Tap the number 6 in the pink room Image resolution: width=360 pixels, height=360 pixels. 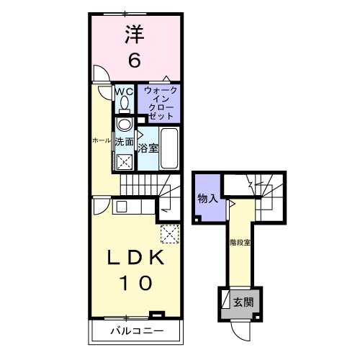point(134,60)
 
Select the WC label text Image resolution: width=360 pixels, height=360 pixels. point(124,91)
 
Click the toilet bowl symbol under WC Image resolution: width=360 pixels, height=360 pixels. point(125,104)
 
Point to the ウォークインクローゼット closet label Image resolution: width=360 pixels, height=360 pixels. point(158,102)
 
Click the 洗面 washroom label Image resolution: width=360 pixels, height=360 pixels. point(124,141)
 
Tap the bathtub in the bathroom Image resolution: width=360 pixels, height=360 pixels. point(168,148)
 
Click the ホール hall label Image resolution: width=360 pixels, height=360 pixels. point(101,141)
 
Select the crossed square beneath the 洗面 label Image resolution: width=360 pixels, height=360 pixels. point(124,162)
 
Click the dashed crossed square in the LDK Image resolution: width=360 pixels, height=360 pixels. point(170,234)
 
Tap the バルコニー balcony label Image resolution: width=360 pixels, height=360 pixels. point(137,331)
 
